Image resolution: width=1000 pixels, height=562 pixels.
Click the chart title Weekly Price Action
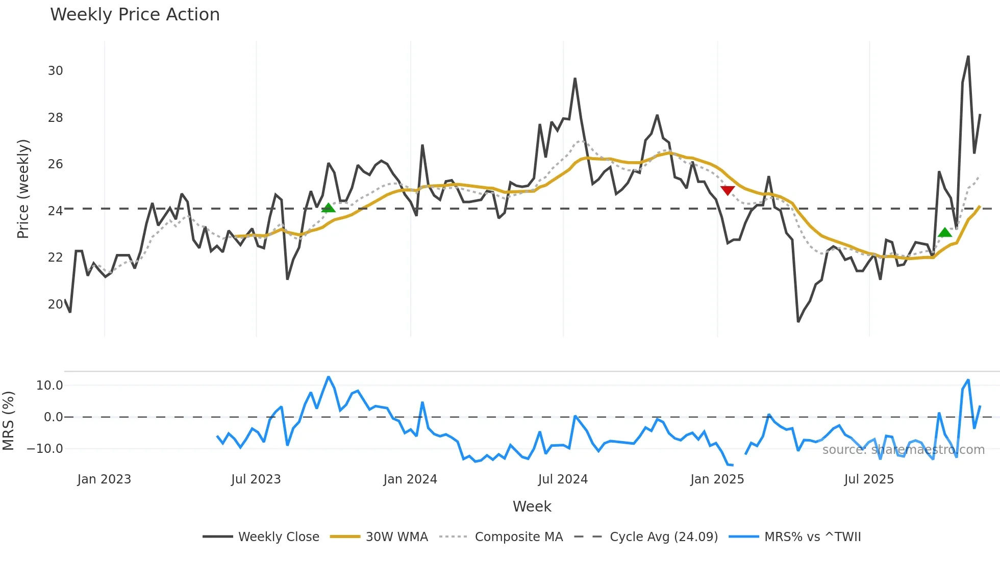coord(135,15)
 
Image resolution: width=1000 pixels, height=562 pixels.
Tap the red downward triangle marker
coord(728,190)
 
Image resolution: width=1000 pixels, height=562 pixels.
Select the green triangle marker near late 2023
coord(329,207)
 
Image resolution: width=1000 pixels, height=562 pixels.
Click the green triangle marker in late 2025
coord(945,233)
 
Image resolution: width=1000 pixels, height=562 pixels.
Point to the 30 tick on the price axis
coord(56,71)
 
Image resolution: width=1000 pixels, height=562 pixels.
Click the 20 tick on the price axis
coord(56,304)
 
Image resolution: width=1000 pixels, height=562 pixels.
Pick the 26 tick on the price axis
coord(56,164)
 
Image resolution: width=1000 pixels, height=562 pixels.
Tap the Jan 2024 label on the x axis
coord(410,479)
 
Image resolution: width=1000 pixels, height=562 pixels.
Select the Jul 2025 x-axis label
coord(869,479)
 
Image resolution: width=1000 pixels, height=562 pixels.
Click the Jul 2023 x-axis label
coord(256,479)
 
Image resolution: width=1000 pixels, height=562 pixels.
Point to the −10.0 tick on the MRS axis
coord(45,449)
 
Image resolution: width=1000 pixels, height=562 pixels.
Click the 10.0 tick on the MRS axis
coord(49,386)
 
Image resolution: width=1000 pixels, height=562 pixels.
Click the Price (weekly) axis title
coord(23,189)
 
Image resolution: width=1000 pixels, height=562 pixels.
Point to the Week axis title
coord(532,506)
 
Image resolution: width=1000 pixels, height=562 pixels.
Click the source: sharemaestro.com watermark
coord(903,450)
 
